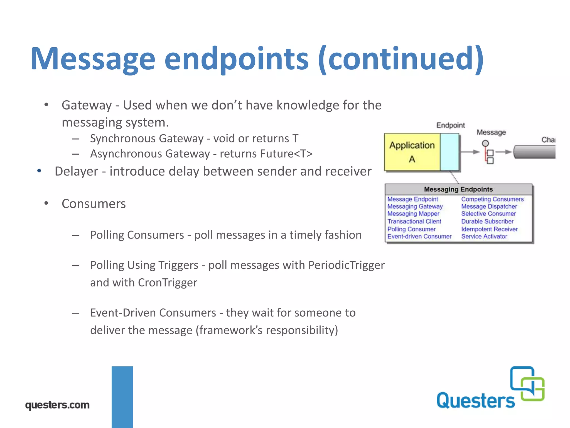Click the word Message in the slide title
pyautogui.click(x=93, y=59)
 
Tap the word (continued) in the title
pyautogui.click(x=401, y=59)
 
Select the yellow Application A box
pyautogui.click(x=412, y=152)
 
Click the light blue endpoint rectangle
pyautogui.click(x=449, y=152)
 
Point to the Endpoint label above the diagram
pyautogui.click(x=450, y=125)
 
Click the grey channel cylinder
pyautogui.click(x=534, y=152)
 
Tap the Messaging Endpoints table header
pyautogui.click(x=458, y=189)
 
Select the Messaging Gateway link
pyautogui.click(x=415, y=206)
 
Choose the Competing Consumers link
pyautogui.click(x=492, y=199)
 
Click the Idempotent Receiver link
pyautogui.click(x=489, y=229)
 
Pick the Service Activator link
pyautogui.click(x=484, y=236)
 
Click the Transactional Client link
pyautogui.click(x=414, y=222)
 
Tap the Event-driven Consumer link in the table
pyautogui.click(x=419, y=236)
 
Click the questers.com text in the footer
pyautogui.click(x=57, y=405)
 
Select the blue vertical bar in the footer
pyautogui.click(x=122, y=397)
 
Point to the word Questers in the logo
pyautogui.click(x=475, y=401)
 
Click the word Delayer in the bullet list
pyautogui.click(x=76, y=171)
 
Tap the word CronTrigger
pyautogui.click(x=168, y=283)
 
